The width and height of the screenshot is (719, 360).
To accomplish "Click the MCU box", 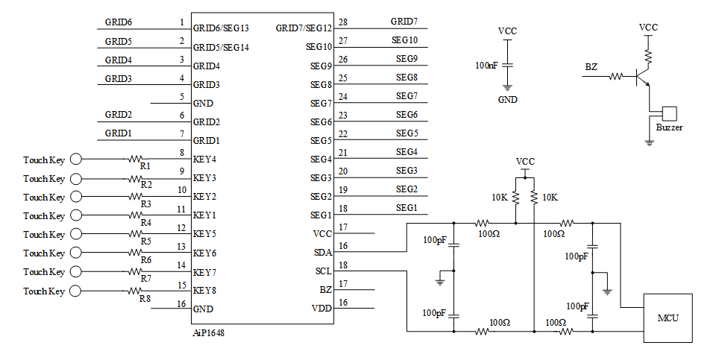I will [x=668, y=318].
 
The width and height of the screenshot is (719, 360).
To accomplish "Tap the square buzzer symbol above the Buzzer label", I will [x=669, y=113].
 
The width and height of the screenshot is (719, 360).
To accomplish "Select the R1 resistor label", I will [x=145, y=165].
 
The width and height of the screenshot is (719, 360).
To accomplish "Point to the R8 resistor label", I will [x=145, y=298].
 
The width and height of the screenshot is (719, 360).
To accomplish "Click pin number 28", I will [x=343, y=22].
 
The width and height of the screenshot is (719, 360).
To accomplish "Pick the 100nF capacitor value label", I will [x=487, y=66].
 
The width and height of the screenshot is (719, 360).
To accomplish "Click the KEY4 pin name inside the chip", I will [x=205, y=160].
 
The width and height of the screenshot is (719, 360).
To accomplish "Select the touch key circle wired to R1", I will [x=75, y=159].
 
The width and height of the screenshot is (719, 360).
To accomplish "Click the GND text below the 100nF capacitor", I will [x=507, y=99].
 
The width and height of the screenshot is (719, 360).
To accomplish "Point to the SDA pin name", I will [x=323, y=253].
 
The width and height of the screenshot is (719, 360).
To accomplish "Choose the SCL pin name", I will [x=323, y=271].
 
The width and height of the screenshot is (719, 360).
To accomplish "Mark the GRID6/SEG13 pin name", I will [x=221, y=28].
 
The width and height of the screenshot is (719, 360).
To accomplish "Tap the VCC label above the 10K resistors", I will [x=525, y=162].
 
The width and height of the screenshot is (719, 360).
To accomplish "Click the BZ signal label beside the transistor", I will [x=591, y=67].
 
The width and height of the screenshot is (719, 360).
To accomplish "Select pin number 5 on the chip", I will [x=181, y=97].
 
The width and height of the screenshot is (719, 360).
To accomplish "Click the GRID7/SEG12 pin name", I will [x=304, y=28].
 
